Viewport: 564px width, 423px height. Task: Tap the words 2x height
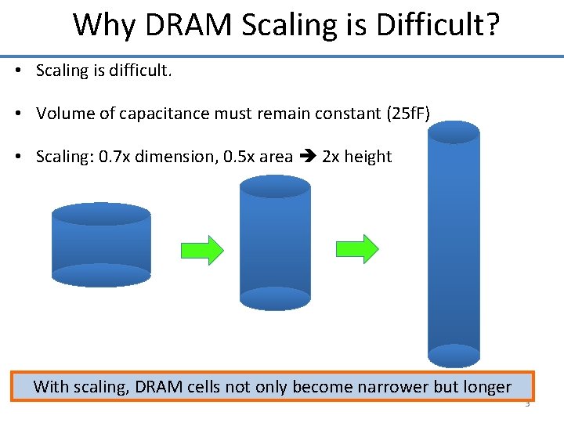356,157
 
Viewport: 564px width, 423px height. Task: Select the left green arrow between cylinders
202,250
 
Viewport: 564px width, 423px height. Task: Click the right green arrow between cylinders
357,249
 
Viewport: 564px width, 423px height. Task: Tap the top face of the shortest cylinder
100,214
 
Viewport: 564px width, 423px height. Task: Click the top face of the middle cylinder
274,186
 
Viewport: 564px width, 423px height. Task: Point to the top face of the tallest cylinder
453,132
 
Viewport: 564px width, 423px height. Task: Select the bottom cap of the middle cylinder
274,298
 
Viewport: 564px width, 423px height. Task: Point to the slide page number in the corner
527,405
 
